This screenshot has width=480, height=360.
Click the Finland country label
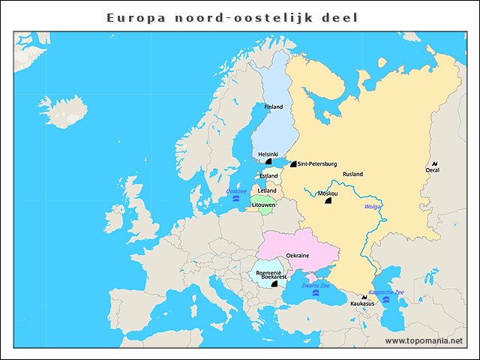pos(273,107)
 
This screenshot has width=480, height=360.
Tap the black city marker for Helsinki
pos(279,161)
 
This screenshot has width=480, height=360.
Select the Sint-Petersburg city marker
pos(293,163)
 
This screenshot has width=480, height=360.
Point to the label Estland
pos(268,176)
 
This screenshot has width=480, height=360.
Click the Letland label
pos(267,190)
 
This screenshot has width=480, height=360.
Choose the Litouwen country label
pos(264,204)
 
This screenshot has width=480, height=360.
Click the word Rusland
pos(352,174)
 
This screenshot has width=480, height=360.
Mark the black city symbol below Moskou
pos(328,201)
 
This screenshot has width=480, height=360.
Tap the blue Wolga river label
pos(373,207)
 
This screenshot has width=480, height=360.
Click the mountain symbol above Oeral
pos(435,163)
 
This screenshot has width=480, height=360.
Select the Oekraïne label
pos(298,256)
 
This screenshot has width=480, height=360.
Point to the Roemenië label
pos(268,271)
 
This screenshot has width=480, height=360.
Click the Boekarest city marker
pos(274,284)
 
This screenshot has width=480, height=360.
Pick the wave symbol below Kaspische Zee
pos(386,300)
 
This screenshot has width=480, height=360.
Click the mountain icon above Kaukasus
pos(364,298)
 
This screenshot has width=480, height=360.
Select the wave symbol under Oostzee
pos(236,199)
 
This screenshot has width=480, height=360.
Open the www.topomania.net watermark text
pos(424,340)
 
